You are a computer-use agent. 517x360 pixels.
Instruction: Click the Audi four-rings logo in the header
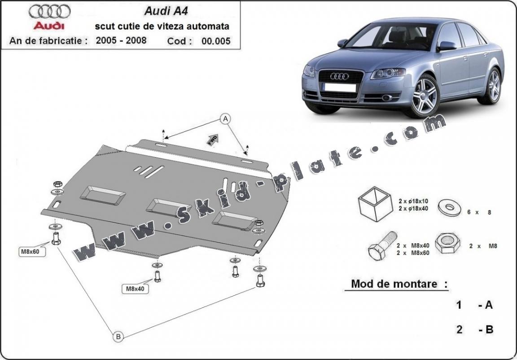[x=49, y=11]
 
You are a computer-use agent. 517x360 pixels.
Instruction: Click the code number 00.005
[x=216, y=41]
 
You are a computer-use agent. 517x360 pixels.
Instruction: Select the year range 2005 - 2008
[x=121, y=40]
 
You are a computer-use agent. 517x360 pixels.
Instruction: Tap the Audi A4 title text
[x=160, y=11]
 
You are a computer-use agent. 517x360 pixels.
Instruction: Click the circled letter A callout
[x=225, y=119]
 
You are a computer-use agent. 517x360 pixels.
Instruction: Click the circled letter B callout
[x=118, y=336]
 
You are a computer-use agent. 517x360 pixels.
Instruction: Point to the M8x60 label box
[x=30, y=251]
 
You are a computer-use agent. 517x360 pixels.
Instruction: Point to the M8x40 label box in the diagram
[x=135, y=289]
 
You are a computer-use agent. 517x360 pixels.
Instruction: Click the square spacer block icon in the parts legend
[x=372, y=204]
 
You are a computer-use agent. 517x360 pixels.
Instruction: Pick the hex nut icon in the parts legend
[x=447, y=243]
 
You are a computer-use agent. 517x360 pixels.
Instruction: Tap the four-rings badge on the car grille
[x=339, y=76]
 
